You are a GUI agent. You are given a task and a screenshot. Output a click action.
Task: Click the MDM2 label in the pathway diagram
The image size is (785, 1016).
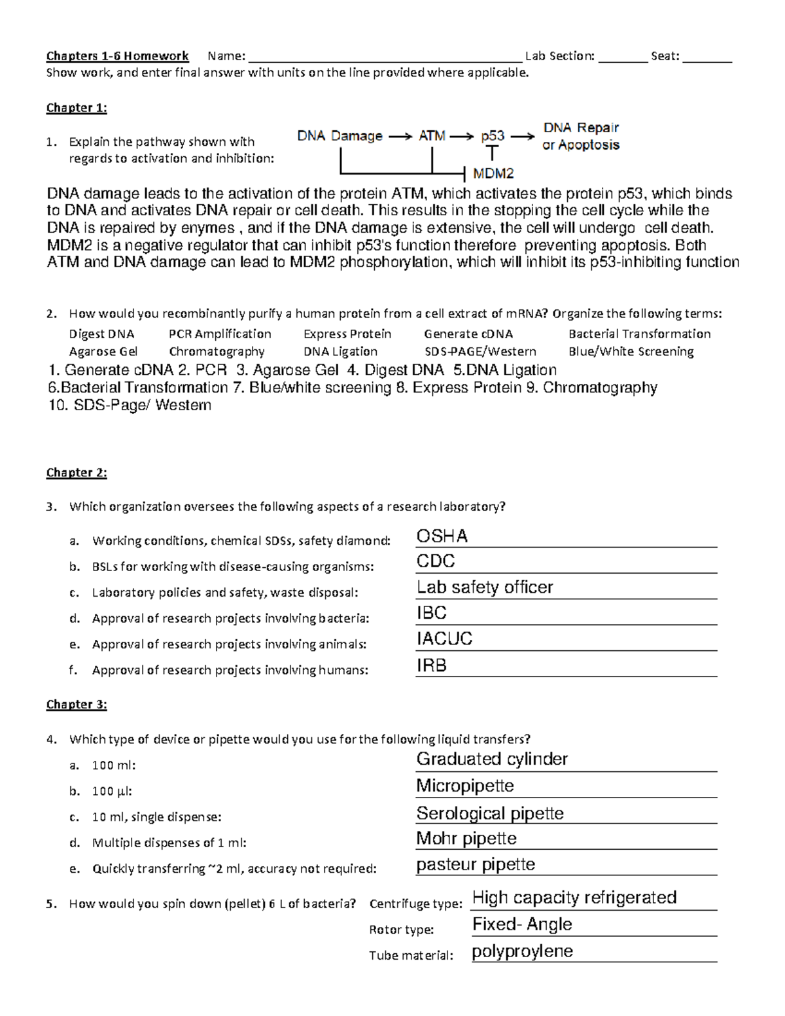(x=493, y=173)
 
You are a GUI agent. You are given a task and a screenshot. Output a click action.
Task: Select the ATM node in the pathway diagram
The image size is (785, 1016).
(x=432, y=136)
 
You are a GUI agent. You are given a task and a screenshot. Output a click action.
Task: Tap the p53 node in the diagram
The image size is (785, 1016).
(x=493, y=136)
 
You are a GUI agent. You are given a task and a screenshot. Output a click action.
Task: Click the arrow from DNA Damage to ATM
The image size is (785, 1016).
(x=400, y=137)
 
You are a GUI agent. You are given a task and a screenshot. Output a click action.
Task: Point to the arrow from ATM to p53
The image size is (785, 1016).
(x=462, y=137)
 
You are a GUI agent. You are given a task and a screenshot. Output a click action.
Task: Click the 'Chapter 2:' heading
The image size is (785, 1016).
(x=77, y=472)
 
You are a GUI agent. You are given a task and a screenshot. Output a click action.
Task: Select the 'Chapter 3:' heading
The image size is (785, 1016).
(x=77, y=705)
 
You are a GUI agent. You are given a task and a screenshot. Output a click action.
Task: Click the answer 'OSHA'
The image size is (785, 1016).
(x=442, y=536)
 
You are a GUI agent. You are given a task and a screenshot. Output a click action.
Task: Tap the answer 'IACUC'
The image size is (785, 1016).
(x=444, y=639)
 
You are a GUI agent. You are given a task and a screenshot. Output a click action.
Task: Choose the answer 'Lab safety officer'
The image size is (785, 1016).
(x=485, y=587)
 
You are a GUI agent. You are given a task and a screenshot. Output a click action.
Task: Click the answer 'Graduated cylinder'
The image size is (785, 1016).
(x=492, y=759)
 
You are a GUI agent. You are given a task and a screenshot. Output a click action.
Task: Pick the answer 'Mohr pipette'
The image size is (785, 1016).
(x=466, y=838)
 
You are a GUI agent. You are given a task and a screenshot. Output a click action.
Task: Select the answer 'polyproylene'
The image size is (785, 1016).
(x=522, y=951)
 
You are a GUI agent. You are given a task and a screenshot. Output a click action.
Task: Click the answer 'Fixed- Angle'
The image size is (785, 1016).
(x=522, y=924)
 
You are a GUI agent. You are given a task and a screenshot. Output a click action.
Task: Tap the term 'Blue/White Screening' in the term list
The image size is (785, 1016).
(x=631, y=351)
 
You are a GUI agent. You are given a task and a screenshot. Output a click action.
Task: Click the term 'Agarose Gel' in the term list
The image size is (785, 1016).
(x=103, y=351)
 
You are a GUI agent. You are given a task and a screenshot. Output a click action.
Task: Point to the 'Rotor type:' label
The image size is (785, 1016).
(x=401, y=930)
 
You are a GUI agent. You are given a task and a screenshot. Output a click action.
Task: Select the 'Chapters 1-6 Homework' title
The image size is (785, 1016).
(x=117, y=56)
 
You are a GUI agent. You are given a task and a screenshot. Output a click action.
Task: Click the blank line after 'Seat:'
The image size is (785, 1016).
(x=706, y=56)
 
